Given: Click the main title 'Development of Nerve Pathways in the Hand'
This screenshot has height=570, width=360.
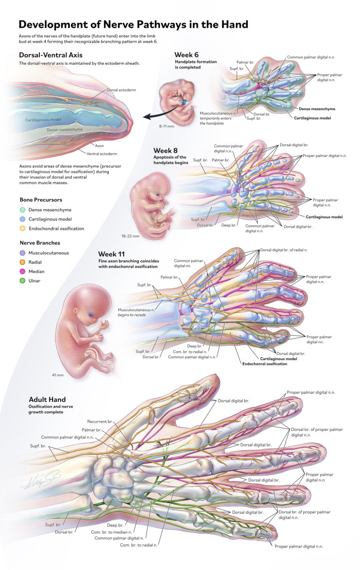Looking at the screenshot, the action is [x=134, y=24].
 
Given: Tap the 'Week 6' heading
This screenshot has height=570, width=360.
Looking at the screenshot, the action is [x=187, y=55].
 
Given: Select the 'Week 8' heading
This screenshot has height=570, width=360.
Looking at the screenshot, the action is [x=165, y=150].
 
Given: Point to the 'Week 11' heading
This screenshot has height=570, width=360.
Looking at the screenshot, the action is [x=112, y=254].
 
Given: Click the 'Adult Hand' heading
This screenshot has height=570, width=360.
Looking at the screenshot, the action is [x=47, y=399].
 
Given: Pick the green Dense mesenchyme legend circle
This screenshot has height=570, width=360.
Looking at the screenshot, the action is [x=22, y=210].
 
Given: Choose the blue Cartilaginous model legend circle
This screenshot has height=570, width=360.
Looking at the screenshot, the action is [x=22, y=219].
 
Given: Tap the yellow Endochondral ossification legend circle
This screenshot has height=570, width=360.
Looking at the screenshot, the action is [x=22, y=229].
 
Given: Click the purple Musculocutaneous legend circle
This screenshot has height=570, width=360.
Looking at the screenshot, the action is [x=22, y=253].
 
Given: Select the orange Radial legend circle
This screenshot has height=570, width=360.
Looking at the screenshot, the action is [x=22, y=262].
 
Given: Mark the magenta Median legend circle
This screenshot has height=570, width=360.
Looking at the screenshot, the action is [x=22, y=272].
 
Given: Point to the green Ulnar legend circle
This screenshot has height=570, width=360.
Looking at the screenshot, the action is [x=22, y=281].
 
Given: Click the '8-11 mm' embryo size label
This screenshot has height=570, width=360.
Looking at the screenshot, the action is [x=166, y=126].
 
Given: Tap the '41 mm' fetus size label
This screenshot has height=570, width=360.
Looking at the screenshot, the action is [x=58, y=375].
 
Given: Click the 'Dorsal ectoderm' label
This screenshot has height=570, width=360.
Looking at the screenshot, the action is [x=121, y=90].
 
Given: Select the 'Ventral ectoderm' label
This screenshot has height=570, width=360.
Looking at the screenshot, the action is [x=102, y=154].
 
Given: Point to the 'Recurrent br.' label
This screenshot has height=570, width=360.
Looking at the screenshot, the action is [x=100, y=422].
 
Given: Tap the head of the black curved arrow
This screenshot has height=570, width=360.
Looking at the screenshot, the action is [x=146, y=117].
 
